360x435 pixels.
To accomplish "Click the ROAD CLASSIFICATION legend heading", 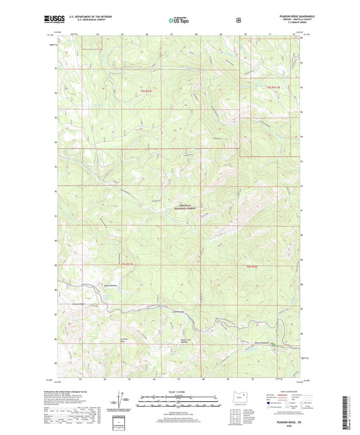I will point(287,391).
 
